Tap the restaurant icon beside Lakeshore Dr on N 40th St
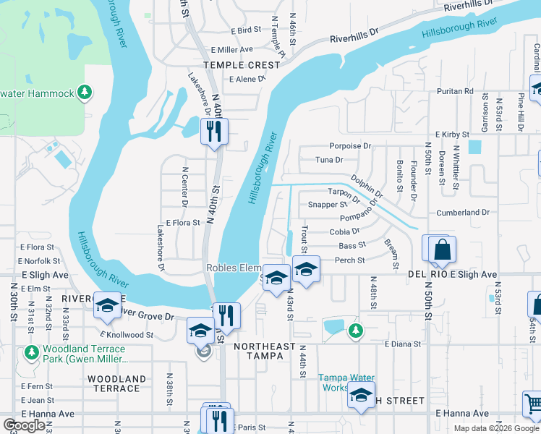pyautogui.click(x=213, y=131)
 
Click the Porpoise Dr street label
pyautogui.click(x=350, y=146)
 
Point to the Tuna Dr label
pyautogui.click(x=328, y=160)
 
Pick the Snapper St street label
pyautogui.click(x=328, y=205)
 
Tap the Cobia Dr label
pyautogui.click(x=344, y=231)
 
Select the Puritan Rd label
pyautogui.click(x=454, y=92)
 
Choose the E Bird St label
pyautogui.click(x=246, y=30)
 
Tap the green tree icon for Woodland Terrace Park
pyautogui.click(x=30, y=352)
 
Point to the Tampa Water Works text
pyautogui.click(x=346, y=383)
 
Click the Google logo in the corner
pyautogui.click(x=24, y=425)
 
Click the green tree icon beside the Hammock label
pyautogui.click(x=85, y=93)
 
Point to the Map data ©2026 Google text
pyautogui.click(x=495, y=428)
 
